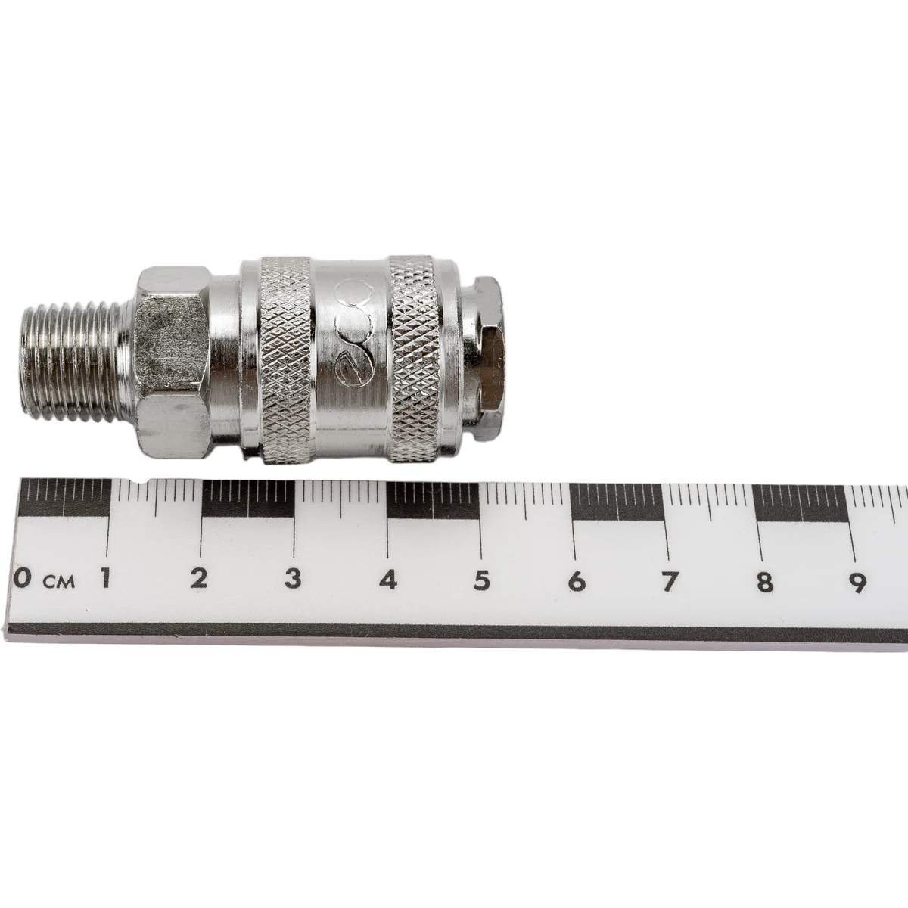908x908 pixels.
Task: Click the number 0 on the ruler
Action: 23,579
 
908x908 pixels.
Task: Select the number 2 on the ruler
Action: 199,579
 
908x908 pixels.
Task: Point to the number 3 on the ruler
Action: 293,579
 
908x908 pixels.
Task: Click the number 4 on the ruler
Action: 388,580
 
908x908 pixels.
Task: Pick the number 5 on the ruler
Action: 481,580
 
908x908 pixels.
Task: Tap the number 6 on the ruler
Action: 577,581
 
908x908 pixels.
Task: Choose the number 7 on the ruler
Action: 670,582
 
